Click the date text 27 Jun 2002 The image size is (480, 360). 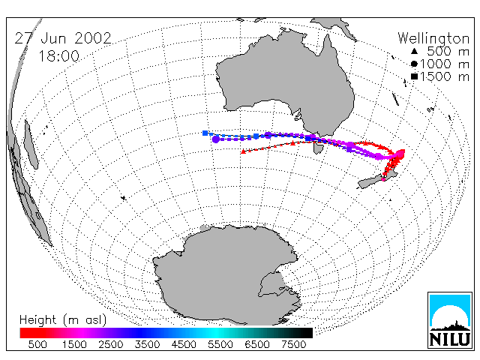point(63,38)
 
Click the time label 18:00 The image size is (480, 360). point(58,56)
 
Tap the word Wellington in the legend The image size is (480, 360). point(433,39)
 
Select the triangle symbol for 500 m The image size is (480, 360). point(414,51)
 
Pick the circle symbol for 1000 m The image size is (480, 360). point(414,64)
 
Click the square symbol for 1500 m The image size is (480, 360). point(414,76)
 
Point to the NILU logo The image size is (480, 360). point(450,320)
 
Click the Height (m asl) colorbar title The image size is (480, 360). point(63,320)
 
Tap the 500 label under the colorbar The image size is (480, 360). point(37,345)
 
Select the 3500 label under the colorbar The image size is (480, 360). point(147,345)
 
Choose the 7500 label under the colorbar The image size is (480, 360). point(294,345)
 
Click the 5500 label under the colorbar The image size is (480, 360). point(220,345)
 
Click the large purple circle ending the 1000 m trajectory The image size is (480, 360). point(216,139)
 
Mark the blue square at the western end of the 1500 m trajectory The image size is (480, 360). point(205,133)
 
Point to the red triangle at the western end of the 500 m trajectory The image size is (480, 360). point(243,151)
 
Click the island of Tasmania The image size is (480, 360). point(318,148)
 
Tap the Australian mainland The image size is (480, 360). point(286,82)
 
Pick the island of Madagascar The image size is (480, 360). point(31,145)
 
